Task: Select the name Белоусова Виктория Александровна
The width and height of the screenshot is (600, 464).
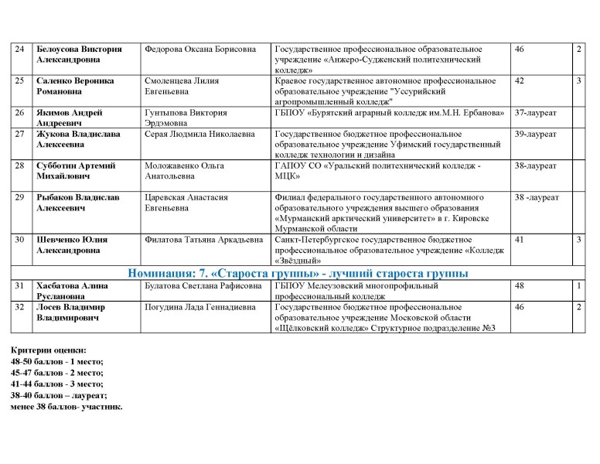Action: point(79,55)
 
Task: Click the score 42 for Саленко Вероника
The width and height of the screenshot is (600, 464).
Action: point(520,81)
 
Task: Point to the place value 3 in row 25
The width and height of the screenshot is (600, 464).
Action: point(578,81)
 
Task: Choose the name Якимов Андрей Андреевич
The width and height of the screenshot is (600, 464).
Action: point(69,118)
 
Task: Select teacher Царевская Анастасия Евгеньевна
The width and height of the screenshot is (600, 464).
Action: point(186,203)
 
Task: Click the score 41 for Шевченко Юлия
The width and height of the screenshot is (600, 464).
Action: point(520,240)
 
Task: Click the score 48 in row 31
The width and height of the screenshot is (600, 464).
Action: point(520,286)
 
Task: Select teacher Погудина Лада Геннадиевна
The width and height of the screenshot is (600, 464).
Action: point(199,308)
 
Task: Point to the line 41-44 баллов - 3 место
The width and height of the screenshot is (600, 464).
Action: point(57,384)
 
